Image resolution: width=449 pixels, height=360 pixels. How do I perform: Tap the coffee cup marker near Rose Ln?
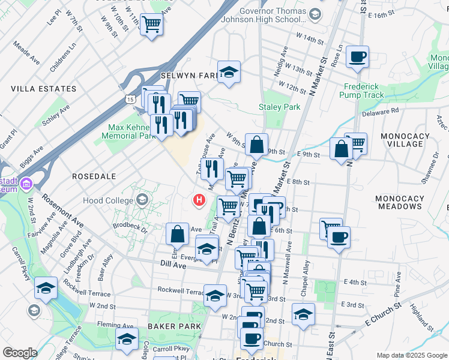click(x=357, y=57)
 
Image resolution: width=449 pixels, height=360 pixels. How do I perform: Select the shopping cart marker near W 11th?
click(x=152, y=25)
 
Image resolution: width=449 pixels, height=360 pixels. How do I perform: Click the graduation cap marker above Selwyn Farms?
click(x=229, y=73)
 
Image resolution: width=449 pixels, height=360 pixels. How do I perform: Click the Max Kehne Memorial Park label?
click(x=132, y=131)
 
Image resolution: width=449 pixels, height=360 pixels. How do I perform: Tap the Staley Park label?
click(x=279, y=107)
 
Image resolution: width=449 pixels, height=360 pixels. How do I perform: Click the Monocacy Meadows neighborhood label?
click(x=398, y=202)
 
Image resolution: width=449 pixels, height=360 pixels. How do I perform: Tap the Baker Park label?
click(x=174, y=326)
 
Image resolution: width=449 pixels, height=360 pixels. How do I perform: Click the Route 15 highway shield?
click(x=130, y=98)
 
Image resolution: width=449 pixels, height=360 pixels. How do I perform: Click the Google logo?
click(x=20, y=353)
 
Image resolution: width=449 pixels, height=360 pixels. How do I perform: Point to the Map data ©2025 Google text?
click(x=412, y=355)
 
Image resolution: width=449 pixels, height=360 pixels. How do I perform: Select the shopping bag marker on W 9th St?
click(x=256, y=145)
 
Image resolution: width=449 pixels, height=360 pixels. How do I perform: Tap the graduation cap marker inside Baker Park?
click(x=127, y=339)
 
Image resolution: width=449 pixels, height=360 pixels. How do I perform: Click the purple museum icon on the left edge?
click(x=26, y=183)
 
